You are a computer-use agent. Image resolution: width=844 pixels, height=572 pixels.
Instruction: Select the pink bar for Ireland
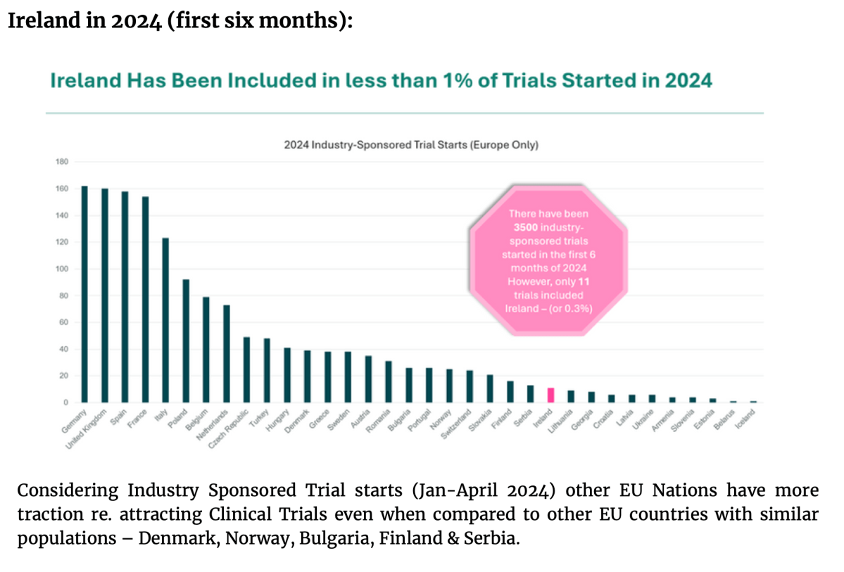[551, 395]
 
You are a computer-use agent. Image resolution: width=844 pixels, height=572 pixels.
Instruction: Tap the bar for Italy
[165, 320]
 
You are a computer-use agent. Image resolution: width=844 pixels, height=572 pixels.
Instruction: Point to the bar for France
[146, 300]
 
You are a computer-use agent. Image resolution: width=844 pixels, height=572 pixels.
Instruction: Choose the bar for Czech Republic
[246, 369]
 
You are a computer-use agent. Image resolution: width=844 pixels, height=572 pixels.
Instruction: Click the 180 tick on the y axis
[61, 162]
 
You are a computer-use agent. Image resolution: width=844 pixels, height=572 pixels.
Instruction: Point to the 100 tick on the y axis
[61, 269]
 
